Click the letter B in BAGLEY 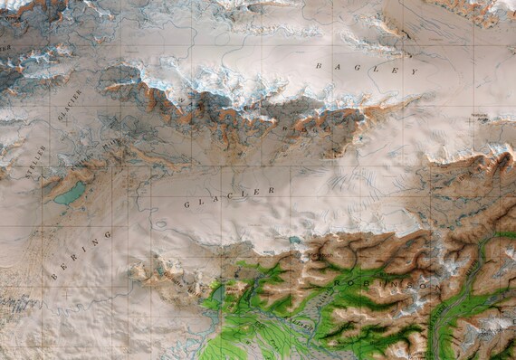pyautogui.click(x=319, y=66)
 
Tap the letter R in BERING pyautogui.click(x=75, y=257)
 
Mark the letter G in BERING pyautogui.click(x=108, y=234)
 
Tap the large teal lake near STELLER pyautogui.click(x=71, y=193)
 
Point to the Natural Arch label pyautogui.click(x=481, y=117)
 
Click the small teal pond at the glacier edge pyautogui.click(x=295, y=240)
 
